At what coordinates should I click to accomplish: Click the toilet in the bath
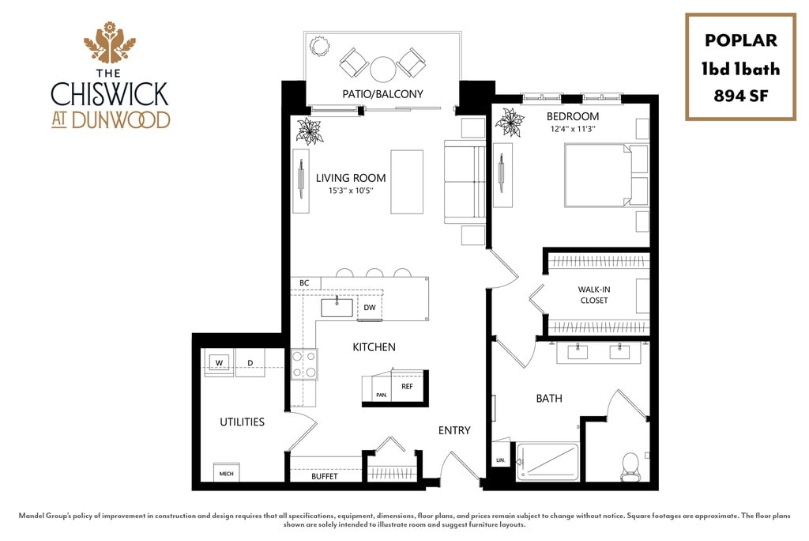coord(630,463)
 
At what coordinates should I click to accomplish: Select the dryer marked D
coord(250,363)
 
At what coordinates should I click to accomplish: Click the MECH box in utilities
coord(226,474)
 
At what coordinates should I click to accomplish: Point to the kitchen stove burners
coord(304,365)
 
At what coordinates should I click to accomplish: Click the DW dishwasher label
coord(369,308)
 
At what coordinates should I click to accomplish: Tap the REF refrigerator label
coord(407,388)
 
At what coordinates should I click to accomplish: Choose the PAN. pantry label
coord(381,395)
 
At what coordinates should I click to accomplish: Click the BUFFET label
coord(324,476)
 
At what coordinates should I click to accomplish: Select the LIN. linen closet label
coord(500,460)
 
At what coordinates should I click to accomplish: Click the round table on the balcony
coord(383,70)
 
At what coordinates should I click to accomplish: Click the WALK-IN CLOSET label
coord(593,295)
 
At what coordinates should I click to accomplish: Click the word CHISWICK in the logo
coord(110,93)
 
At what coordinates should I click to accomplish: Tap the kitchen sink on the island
coord(337,307)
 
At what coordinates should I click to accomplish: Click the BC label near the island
coord(304,282)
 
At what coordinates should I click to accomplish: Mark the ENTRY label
coord(454,430)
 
